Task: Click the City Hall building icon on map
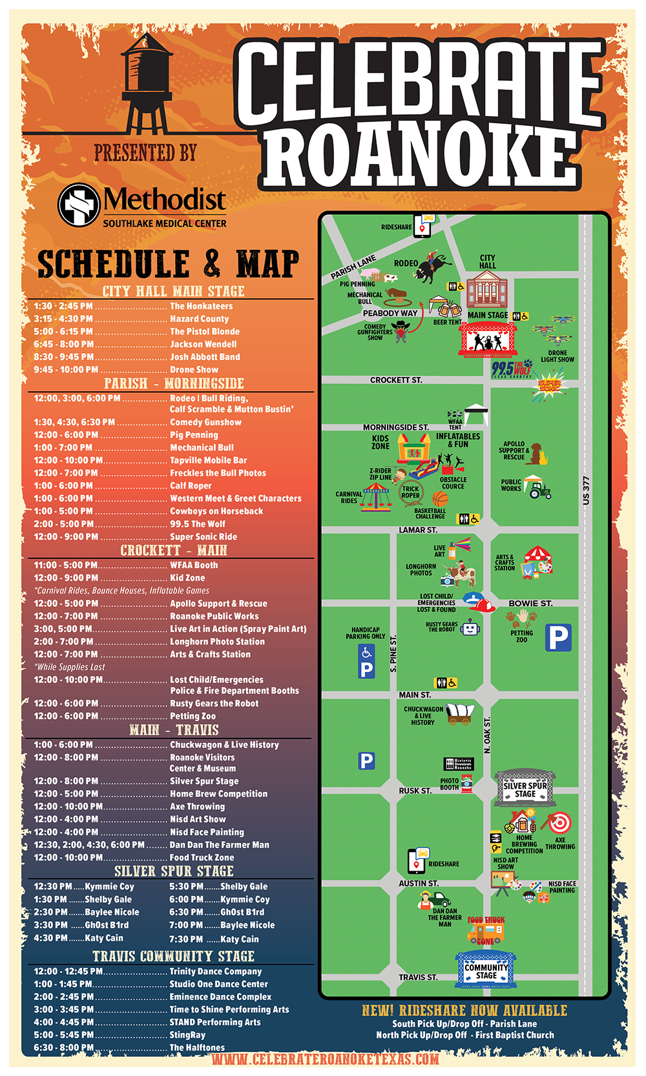click(x=488, y=289)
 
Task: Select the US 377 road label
click(x=586, y=491)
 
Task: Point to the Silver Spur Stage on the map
click(x=525, y=788)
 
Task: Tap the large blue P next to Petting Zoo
click(x=558, y=638)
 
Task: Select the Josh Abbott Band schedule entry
click(x=205, y=357)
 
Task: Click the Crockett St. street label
click(x=396, y=380)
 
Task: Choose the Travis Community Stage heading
click(x=173, y=956)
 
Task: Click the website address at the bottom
click(x=325, y=1059)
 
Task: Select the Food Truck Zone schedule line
click(x=202, y=858)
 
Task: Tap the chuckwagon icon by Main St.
click(x=459, y=713)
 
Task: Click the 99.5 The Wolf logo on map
click(x=512, y=369)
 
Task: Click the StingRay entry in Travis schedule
click(x=187, y=1035)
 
